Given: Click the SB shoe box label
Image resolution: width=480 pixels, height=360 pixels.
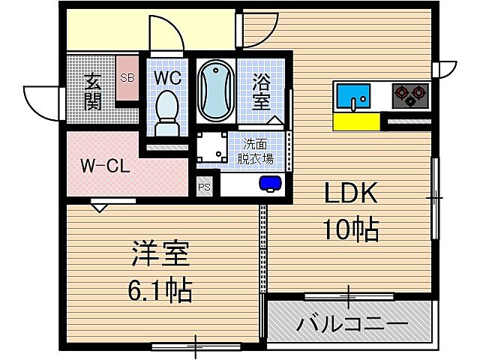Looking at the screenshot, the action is [127, 78].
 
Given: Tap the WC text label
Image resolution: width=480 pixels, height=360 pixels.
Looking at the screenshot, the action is [167, 78].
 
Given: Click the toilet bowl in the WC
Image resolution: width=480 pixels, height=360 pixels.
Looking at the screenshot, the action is [166, 113].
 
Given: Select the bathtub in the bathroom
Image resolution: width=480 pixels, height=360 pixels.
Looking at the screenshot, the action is [216, 91].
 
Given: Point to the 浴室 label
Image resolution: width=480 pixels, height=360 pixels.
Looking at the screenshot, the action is [261, 92].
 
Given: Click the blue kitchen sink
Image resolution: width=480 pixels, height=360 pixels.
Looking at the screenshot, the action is [353, 96].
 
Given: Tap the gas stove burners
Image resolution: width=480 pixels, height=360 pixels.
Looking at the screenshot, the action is [410, 95].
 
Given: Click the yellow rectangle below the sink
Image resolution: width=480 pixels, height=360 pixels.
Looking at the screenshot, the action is [357, 121].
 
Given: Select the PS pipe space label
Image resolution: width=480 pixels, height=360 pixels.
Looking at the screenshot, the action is [204, 187].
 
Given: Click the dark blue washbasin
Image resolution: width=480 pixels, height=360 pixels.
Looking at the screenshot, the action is [270, 183].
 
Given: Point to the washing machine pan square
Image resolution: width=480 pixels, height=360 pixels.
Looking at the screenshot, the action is [211, 147].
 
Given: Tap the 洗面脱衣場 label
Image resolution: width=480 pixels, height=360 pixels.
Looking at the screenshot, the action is [255, 151].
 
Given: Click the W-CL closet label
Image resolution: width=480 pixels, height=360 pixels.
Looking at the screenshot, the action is [105, 166].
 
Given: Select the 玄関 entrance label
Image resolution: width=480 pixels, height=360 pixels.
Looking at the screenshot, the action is [93, 91].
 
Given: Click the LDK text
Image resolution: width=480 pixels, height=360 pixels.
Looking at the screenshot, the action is [351, 193].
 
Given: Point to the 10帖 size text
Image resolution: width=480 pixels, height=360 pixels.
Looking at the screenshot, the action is [351, 229].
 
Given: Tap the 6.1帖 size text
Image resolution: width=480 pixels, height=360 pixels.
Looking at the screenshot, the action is [160, 290].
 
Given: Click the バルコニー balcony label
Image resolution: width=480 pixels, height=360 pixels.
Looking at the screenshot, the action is [352, 325].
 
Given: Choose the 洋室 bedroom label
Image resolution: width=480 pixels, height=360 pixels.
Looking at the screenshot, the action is [160, 253].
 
